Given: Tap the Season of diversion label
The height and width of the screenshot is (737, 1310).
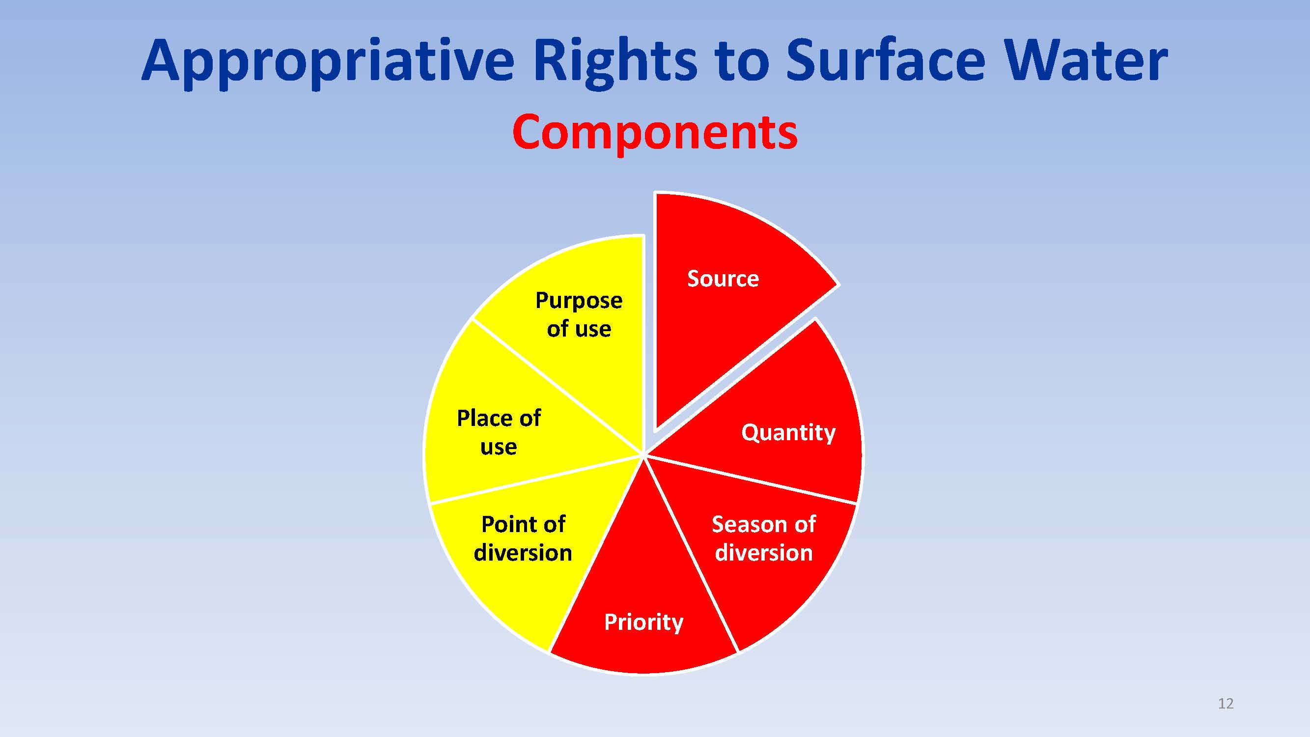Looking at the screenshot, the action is tap(763, 538).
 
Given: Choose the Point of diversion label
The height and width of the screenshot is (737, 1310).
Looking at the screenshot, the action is tap(523, 538).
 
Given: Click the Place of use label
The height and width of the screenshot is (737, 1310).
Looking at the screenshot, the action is tap(499, 432).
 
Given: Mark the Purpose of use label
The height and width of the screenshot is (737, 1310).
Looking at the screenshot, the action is tap(579, 314).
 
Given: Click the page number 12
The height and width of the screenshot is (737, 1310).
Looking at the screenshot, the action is tap(1226, 704).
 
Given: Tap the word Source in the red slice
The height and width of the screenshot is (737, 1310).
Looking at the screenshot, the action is tap(723, 279).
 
